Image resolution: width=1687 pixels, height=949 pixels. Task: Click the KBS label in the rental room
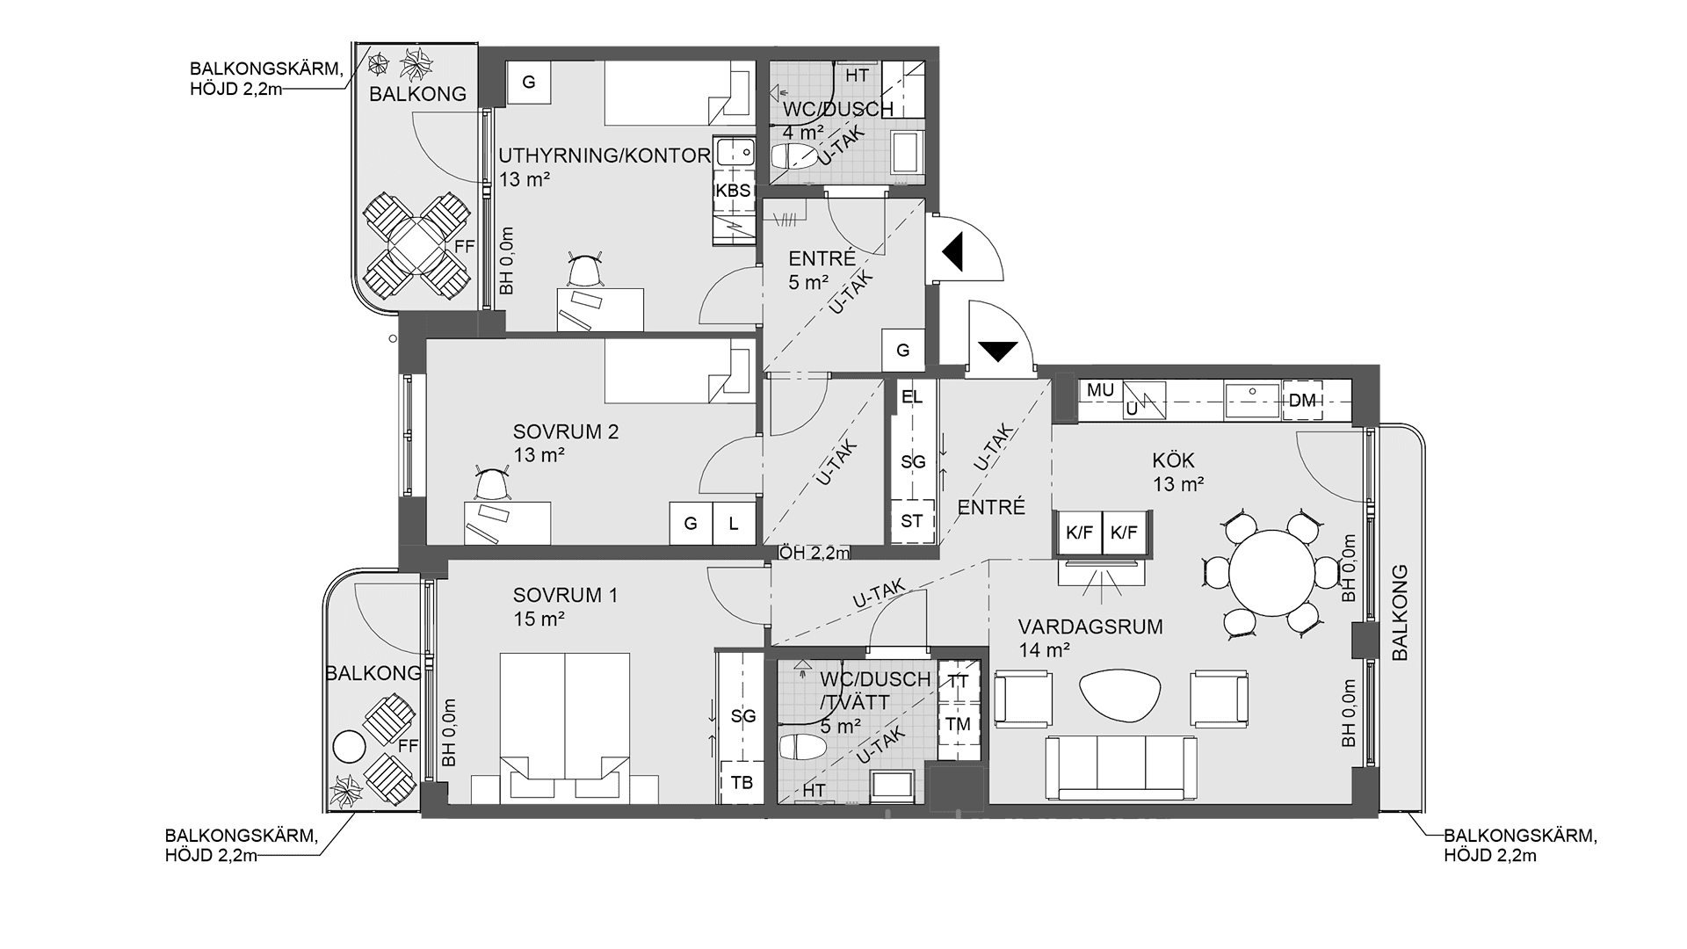click(x=733, y=191)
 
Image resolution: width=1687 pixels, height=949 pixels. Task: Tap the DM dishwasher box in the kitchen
click(x=1302, y=401)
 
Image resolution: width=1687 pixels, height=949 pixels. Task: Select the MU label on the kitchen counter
click(x=1100, y=390)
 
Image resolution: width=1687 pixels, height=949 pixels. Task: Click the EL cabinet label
click(x=912, y=396)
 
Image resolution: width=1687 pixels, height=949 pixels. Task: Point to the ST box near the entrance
click(x=912, y=521)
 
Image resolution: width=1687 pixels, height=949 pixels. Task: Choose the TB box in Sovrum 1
click(x=742, y=782)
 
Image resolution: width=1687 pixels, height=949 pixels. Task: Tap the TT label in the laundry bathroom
click(x=959, y=681)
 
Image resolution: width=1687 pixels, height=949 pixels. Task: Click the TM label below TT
click(x=959, y=723)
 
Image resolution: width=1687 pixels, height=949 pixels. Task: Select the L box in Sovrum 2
click(x=734, y=524)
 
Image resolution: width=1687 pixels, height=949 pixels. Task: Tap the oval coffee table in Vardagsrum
click(x=1120, y=696)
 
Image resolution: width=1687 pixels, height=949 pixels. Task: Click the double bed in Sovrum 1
click(x=565, y=727)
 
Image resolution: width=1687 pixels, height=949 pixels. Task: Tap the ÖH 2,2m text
click(x=815, y=553)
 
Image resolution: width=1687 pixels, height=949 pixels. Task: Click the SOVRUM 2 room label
click(x=566, y=431)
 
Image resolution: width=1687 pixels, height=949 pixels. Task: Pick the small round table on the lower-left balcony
click(x=349, y=747)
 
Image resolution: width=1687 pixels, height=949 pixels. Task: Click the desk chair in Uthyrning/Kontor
click(x=585, y=270)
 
